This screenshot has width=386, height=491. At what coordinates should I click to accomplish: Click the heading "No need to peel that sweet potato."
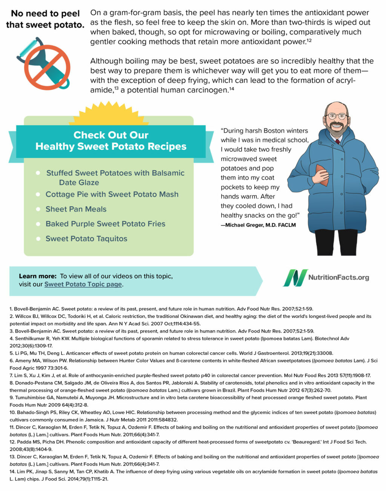click(x=45, y=19)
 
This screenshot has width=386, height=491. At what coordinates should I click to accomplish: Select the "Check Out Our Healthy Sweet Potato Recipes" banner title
click(x=111, y=140)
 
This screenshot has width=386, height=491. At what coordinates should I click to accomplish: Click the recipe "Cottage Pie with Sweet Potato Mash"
click(x=112, y=194)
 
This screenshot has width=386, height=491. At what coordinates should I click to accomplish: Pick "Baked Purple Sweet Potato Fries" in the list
click(x=105, y=224)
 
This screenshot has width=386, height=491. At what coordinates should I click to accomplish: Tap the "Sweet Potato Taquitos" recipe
click(x=86, y=239)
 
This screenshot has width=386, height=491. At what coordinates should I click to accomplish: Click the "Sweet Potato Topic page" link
click(x=83, y=284)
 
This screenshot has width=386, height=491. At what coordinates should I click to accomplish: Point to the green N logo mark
click(x=295, y=278)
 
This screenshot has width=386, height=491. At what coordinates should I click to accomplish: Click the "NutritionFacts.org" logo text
click(x=339, y=278)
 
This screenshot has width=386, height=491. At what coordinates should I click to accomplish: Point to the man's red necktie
click(x=338, y=142)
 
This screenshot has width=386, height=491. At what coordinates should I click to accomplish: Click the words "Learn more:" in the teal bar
click(x=38, y=276)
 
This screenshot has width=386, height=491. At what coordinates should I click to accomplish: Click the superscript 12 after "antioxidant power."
click(x=309, y=40)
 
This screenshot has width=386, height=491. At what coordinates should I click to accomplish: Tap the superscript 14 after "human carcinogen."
click(x=231, y=89)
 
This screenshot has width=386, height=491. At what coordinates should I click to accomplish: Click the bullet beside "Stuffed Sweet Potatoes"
click(x=38, y=173)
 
